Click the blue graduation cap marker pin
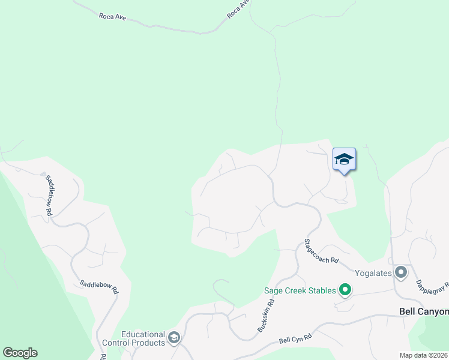pyautogui.click(x=344, y=160)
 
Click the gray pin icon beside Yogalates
pyautogui.click(x=401, y=272)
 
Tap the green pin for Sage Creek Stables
pyautogui.click(x=345, y=291)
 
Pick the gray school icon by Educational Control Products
pyautogui.click(x=174, y=338)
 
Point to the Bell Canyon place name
pyautogui.click(x=424, y=311)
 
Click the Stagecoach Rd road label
pyautogui.click(x=321, y=252)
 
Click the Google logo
pyautogui.click(x=20, y=353)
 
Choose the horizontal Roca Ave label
pyautogui.click(x=112, y=17)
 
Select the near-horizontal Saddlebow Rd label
pyautogui.click(x=100, y=287)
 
